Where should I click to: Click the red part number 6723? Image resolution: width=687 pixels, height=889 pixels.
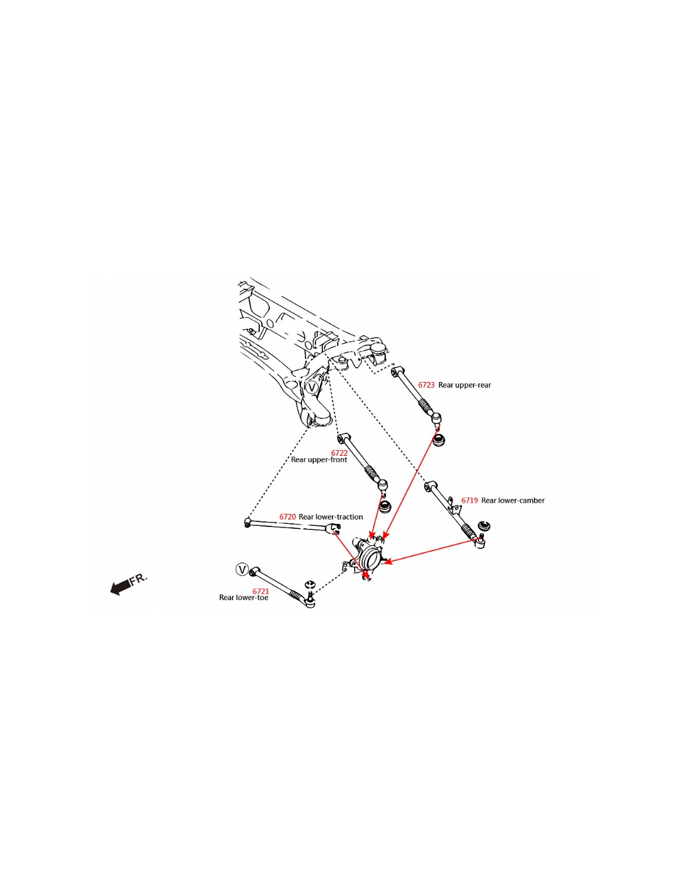426,385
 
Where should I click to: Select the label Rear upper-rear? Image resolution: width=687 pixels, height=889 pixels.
465,385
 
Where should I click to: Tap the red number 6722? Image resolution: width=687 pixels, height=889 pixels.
339,453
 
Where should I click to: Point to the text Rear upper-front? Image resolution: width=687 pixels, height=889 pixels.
319,460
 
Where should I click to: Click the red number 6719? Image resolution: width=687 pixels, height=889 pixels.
469,501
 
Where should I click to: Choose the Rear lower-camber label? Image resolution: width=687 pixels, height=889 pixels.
513,501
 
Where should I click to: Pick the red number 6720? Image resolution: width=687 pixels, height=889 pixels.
287,517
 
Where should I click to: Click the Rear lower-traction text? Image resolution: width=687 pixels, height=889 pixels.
330,517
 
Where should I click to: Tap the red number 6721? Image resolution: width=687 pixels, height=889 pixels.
260,591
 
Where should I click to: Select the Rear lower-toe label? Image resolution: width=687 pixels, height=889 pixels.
244,598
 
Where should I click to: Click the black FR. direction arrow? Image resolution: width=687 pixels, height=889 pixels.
120,587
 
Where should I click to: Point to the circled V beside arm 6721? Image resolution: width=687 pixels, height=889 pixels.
242,570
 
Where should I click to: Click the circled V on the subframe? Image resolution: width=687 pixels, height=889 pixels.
312,388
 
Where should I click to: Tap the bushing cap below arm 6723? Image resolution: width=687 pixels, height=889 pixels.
440,439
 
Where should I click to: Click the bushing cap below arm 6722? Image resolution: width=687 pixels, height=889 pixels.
385,506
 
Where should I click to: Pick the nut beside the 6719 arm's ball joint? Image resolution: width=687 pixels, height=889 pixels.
483,526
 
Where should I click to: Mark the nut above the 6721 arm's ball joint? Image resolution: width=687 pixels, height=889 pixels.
309,585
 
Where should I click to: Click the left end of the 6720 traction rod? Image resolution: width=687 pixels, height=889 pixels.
248,522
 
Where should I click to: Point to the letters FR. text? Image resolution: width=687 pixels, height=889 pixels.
139,579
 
